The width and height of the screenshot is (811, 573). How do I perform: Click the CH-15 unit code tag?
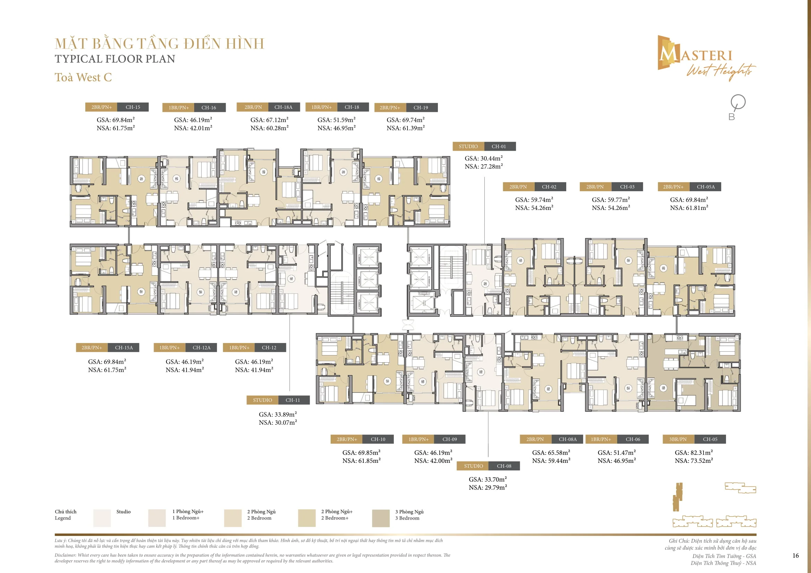point(133,107)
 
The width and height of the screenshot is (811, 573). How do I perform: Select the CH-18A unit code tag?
point(283,107)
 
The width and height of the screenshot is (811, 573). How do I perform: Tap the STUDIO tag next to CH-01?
point(468,147)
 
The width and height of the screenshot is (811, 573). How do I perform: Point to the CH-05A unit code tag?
point(706,187)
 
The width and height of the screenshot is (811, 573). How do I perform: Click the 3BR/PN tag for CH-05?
point(678,439)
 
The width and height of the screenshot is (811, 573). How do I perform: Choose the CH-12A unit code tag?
point(202,347)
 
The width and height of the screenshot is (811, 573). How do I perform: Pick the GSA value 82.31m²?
point(694,452)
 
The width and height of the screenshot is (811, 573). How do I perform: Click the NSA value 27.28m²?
point(484,167)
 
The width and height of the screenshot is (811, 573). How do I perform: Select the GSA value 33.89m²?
point(278,414)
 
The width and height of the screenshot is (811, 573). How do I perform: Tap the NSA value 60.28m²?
point(269,128)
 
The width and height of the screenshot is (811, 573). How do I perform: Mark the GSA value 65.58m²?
point(551,452)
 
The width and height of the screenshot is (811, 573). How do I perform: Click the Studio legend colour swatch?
point(102,518)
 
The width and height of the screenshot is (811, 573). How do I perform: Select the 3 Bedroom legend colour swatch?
point(381,518)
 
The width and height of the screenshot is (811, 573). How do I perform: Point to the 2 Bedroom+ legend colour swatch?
point(307,518)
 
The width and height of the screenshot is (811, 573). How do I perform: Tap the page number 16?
point(795,556)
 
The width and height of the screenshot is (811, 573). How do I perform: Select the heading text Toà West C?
point(83,77)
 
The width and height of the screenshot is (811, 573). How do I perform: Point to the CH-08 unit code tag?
point(504,466)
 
